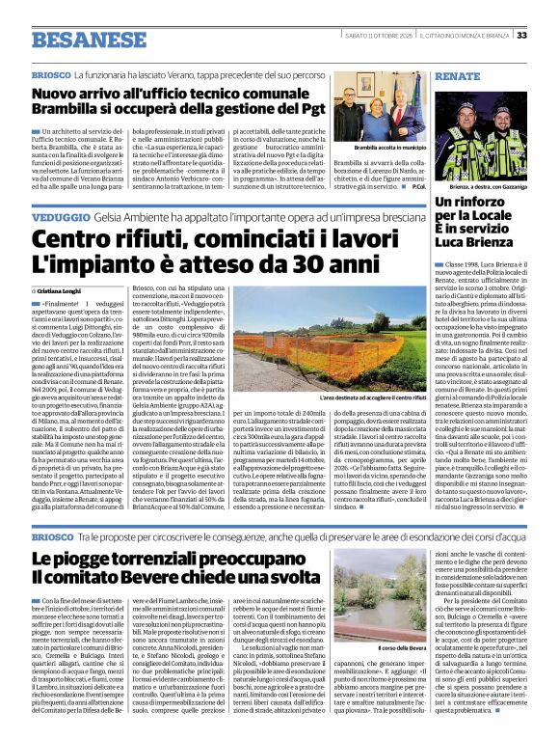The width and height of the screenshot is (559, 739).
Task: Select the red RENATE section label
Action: coord(456,75)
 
